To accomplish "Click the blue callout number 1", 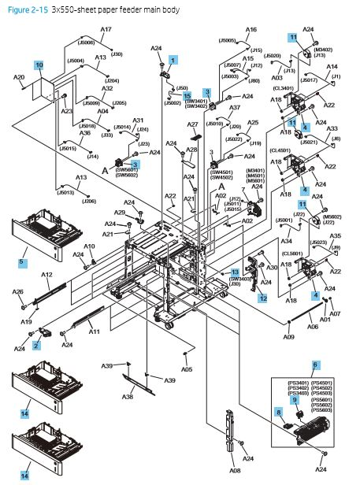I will click(173, 59).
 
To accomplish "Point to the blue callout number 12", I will click(263, 298).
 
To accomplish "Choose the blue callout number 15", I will click(187, 94).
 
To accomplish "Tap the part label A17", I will click(106, 29).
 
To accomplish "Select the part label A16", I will click(251, 29).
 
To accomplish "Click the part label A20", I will click(21, 78).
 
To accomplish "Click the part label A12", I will click(46, 274).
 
